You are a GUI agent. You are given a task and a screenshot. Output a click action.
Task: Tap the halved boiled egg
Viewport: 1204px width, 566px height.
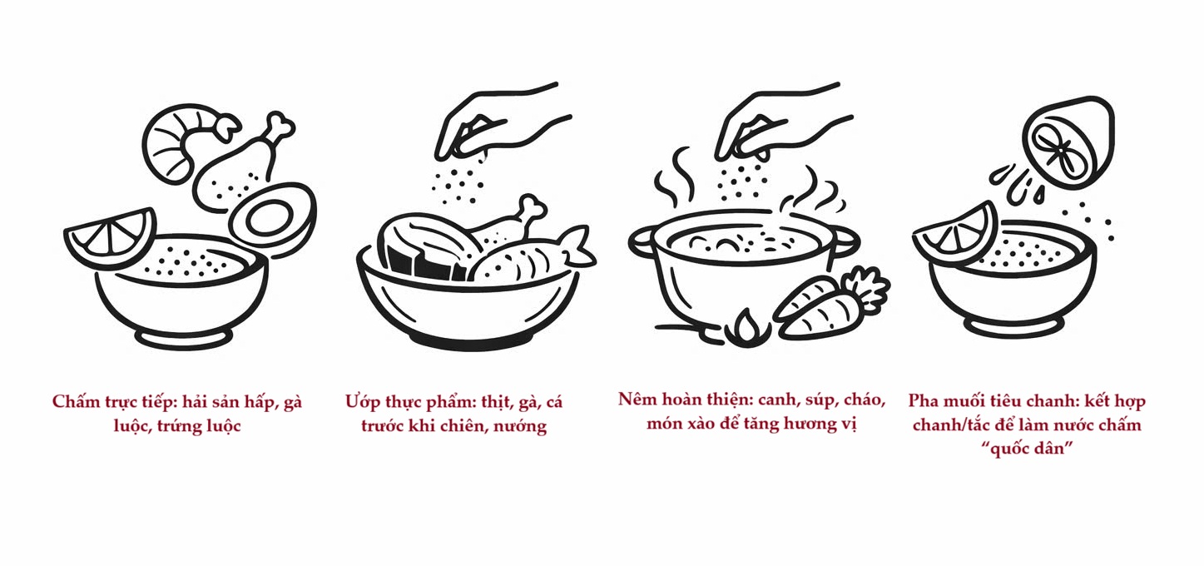[x=273, y=217]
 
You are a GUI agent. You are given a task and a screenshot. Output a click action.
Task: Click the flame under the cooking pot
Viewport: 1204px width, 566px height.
[x=746, y=328]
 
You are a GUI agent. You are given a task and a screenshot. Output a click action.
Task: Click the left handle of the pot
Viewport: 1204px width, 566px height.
[x=642, y=243]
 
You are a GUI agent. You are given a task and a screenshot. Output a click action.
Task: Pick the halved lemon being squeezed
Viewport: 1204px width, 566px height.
[x=1067, y=142]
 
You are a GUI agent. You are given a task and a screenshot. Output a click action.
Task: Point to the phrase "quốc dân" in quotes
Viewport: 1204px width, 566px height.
[x=1026, y=448]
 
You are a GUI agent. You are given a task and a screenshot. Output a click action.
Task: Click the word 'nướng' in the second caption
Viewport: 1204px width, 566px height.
[x=520, y=426]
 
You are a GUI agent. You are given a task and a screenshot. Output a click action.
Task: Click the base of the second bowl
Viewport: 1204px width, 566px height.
[x=467, y=340]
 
